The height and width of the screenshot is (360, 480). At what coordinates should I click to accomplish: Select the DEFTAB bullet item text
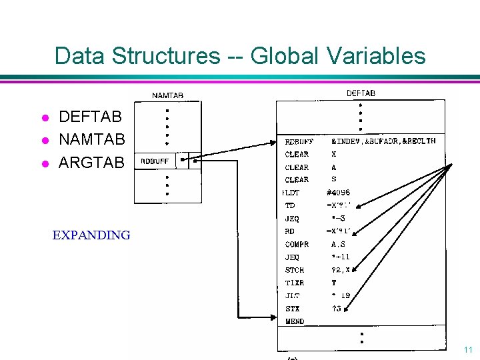[x=91, y=117]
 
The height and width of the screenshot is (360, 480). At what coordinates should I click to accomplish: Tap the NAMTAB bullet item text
[x=92, y=140]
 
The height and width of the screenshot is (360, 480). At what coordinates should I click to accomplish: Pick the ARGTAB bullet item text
[x=91, y=162]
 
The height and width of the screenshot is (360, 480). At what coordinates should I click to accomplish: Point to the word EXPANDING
[x=91, y=235]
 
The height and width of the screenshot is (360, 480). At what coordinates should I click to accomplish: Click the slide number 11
[x=467, y=349]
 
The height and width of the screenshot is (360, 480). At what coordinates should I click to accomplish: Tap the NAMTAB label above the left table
[x=168, y=96]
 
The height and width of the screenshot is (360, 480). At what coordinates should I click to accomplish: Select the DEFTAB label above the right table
[x=361, y=93]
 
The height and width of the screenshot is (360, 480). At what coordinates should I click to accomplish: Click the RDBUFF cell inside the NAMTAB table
[x=154, y=161]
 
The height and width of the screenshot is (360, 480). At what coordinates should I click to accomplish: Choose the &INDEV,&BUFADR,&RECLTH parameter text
[x=383, y=141]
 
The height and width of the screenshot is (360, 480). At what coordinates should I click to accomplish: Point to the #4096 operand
[x=338, y=193]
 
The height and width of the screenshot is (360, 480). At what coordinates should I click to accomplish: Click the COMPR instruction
[x=297, y=244]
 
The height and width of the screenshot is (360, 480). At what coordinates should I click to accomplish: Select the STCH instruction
[x=294, y=270]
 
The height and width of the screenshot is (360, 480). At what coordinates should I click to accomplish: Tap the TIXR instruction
[x=294, y=283]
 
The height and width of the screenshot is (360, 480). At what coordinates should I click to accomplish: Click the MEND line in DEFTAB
[x=294, y=321]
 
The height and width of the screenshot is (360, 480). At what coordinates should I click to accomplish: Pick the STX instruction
[x=292, y=309]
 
